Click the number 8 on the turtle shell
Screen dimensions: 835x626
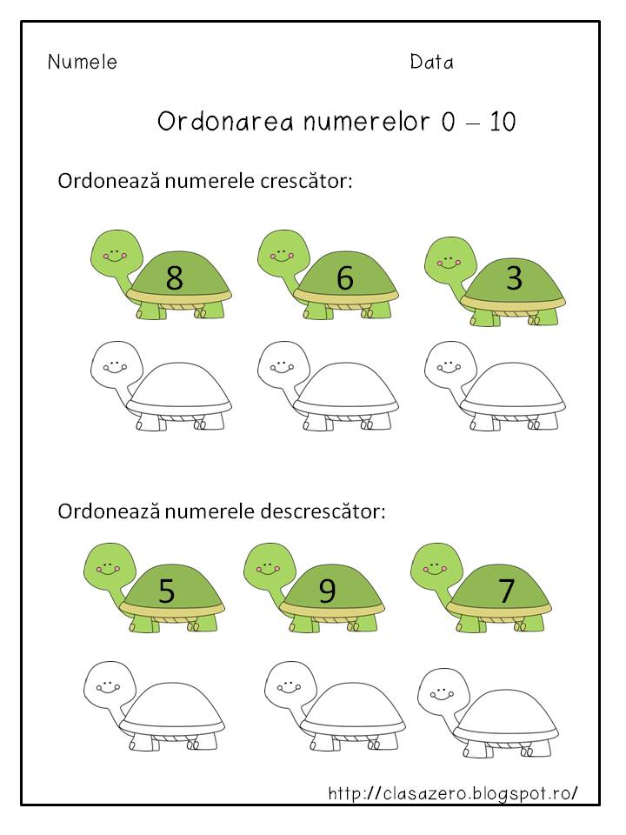(174, 278)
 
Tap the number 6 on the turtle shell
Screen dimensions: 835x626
(344, 278)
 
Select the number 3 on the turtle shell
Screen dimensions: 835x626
(514, 278)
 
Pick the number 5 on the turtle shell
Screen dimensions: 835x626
(166, 591)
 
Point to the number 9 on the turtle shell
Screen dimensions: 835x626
(327, 591)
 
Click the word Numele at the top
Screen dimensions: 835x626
(82, 63)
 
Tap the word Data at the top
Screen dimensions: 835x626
(431, 63)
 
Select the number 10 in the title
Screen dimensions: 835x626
(503, 122)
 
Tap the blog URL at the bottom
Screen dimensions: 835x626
(452, 793)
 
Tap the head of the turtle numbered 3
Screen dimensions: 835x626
(450, 253)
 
